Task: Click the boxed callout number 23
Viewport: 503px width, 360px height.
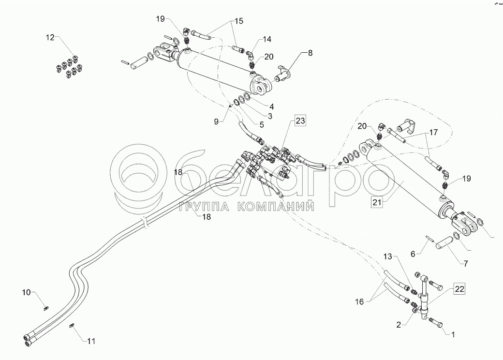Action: [300, 121]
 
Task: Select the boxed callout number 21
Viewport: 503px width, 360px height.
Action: [377, 202]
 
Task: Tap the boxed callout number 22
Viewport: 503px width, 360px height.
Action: [459, 289]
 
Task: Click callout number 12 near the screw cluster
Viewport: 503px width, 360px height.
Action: [50, 38]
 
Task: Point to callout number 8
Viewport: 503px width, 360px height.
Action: [310, 53]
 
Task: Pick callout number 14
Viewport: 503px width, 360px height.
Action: [267, 39]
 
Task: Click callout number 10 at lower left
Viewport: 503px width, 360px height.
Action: [26, 292]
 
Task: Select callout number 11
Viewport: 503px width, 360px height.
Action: [91, 341]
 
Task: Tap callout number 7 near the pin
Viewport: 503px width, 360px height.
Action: [465, 264]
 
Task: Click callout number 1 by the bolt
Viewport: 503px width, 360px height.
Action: [453, 335]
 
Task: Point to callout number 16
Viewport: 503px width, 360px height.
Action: [360, 301]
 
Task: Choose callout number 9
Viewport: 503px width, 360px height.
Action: [216, 121]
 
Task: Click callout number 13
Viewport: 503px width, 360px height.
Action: [388, 256]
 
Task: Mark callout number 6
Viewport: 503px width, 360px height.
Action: [413, 254]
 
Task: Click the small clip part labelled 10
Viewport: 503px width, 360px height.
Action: [45, 308]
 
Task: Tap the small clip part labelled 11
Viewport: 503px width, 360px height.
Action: [72, 326]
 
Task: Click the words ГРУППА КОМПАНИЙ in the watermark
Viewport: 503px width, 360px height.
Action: [247, 207]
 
